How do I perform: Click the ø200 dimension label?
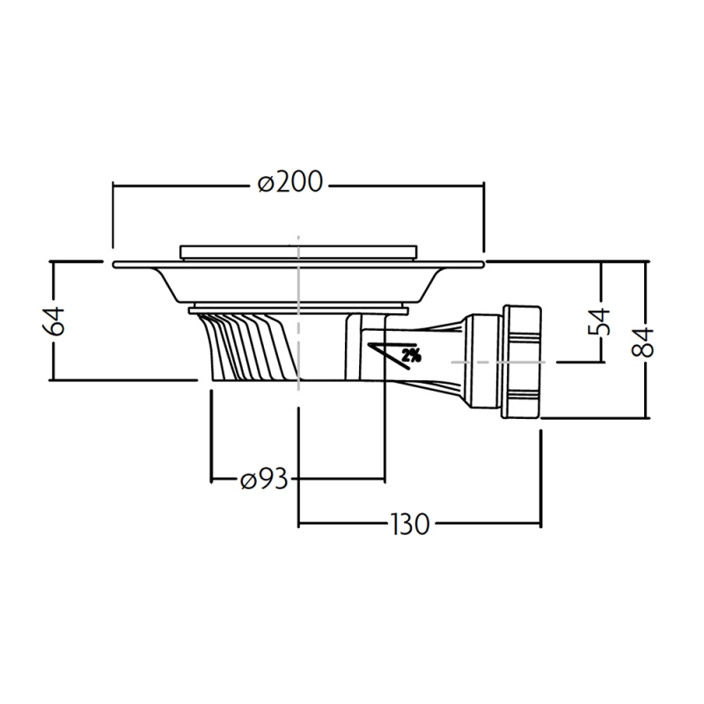[x=290, y=182]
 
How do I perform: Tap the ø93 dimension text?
[x=263, y=480]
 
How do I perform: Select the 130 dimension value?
[x=410, y=524]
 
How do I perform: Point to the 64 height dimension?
[x=54, y=321]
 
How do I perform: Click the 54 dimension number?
[x=599, y=321]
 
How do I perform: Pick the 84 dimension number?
[x=642, y=342]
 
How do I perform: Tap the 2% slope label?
[x=411, y=356]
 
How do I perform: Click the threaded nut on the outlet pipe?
[x=522, y=362]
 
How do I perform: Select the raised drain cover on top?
[x=298, y=253]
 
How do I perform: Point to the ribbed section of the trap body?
[x=248, y=345]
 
